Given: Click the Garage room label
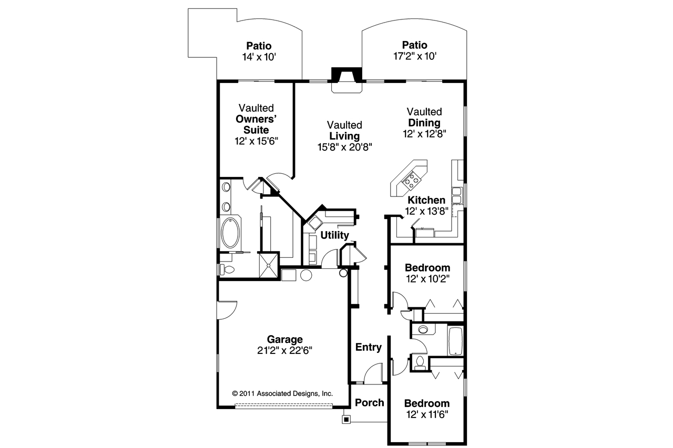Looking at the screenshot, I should pyautogui.click(x=284, y=339).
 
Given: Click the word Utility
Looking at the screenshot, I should pyautogui.click(x=334, y=235).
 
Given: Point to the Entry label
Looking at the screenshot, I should pyautogui.click(x=369, y=347).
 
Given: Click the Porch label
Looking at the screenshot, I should pyautogui.click(x=369, y=403).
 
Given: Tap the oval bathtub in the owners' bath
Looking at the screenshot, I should pyautogui.click(x=230, y=233).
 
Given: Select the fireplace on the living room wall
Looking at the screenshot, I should pyautogui.click(x=346, y=80).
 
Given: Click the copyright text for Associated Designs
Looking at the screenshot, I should pyautogui.click(x=282, y=393).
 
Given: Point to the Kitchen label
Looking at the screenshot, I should pyautogui.click(x=426, y=200).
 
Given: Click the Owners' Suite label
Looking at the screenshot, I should pyautogui.click(x=256, y=124).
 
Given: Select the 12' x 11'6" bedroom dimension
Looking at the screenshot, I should pyautogui.click(x=426, y=414).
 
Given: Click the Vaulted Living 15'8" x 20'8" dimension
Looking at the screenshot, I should pyautogui.click(x=344, y=148).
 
